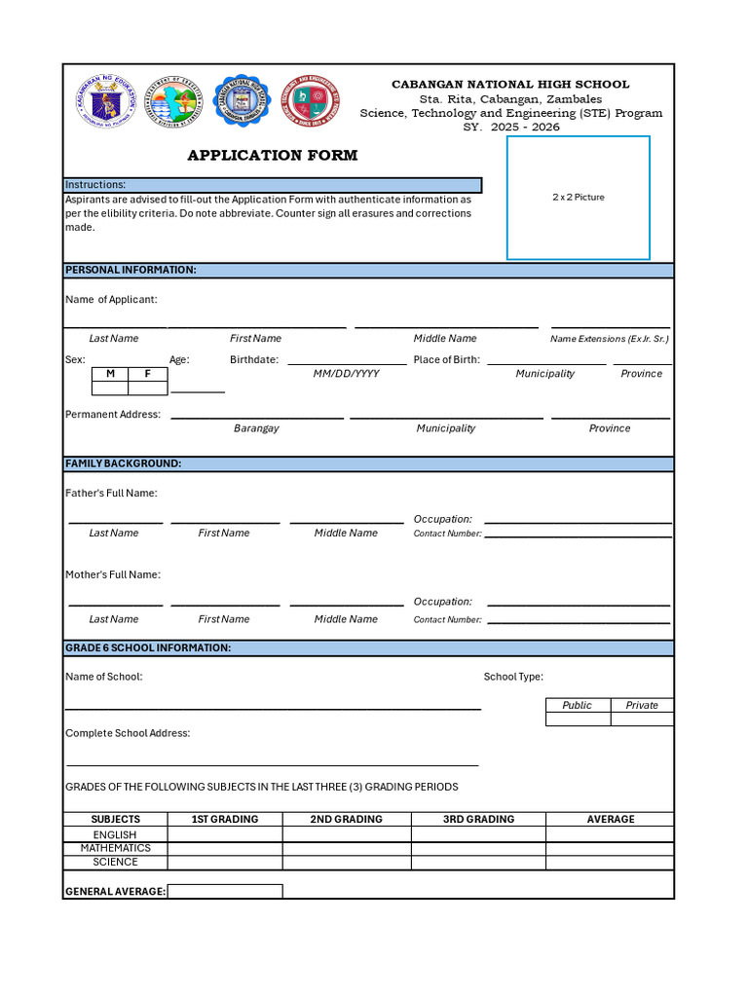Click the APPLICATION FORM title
273,156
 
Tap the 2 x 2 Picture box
579,198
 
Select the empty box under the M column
110,388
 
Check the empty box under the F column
148,388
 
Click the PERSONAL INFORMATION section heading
131,270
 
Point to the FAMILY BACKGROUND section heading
124,463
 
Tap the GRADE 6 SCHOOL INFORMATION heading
148,647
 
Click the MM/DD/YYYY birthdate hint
346,374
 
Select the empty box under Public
578,720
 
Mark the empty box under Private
642,720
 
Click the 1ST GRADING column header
225,819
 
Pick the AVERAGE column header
611,819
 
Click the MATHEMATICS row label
115,848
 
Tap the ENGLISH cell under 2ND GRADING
347,834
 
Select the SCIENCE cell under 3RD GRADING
478,862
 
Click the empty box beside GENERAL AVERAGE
225,891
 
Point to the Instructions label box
273,185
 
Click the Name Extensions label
610,339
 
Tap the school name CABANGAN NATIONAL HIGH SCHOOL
510,85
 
